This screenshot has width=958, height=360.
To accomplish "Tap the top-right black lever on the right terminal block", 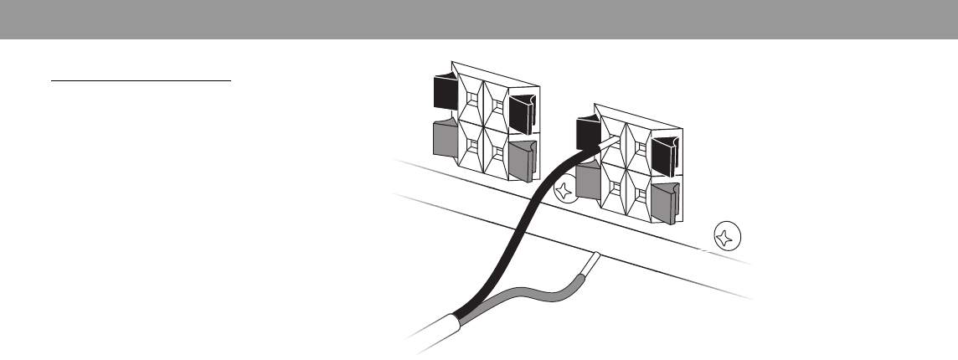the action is (667, 155).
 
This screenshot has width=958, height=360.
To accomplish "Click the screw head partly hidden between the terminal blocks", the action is (566, 193).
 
